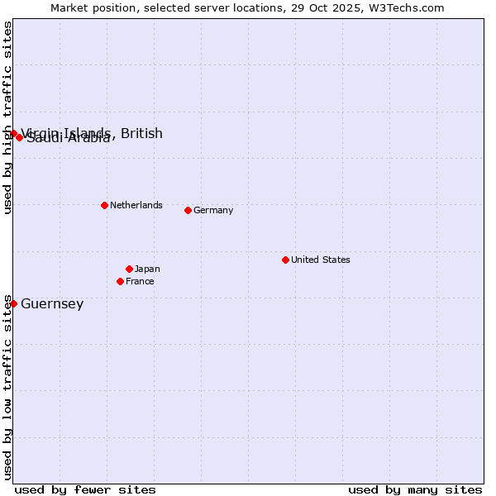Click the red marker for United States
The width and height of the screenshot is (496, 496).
pyautogui.click(x=285, y=260)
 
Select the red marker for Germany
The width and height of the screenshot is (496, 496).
pyautogui.click(x=188, y=210)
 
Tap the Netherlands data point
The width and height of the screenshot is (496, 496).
pyautogui.click(x=104, y=205)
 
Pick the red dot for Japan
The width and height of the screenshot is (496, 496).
pyautogui.click(x=129, y=269)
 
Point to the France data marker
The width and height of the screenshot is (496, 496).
pyautogui.click(x=120, y=281)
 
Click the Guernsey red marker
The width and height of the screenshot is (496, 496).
pyautogui.click(x=13, y=303)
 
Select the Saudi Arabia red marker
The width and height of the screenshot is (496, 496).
pyautogui.click(x=19, y=137)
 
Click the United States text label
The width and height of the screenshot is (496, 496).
pyautogui.click(x=320, y=260)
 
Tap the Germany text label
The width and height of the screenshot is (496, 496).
pyautogui.click(x=213, y=210)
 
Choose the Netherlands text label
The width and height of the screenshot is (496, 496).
pyautogui.click(x=136, y=205)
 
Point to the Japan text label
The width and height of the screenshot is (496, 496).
pyautogui.click(x=147, y=269)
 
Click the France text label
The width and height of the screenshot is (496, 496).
pyautogui.click(x=140, y=281)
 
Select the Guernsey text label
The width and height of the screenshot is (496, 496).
pyautogui.click(x=52, y=303)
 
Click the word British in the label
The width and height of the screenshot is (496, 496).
pyautogui.click(x=141, y=133)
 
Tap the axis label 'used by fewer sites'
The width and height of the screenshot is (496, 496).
pyautogui.click(x=85, y=489)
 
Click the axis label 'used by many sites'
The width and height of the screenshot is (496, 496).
pyautogui.click(x=415, y=489)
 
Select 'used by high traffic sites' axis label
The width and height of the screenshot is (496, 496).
pyautogui.click(x=8, y=117)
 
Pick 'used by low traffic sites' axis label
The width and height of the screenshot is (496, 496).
pyautogui.click(x=8, y=386)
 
